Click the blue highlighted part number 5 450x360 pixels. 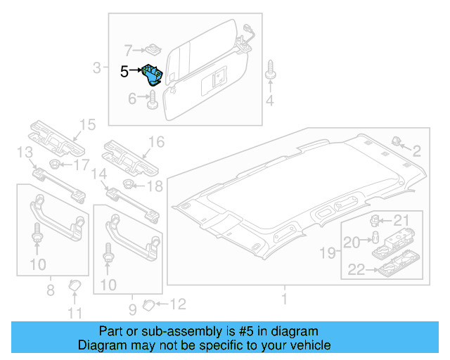[x=153, y=74]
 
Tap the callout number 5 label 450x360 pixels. [x=124, y=71]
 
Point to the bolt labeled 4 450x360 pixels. [x=270, y=73]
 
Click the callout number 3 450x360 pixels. [x=97, y=68]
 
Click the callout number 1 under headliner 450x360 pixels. [x=284, y=299]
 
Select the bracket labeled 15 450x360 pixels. [x=56, y=138]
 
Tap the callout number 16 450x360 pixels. [x=155, y=142]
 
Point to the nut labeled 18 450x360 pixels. [x=129, y=185]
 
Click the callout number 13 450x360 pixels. [x=24, y=153]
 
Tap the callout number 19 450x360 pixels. [x=328, y=251]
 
